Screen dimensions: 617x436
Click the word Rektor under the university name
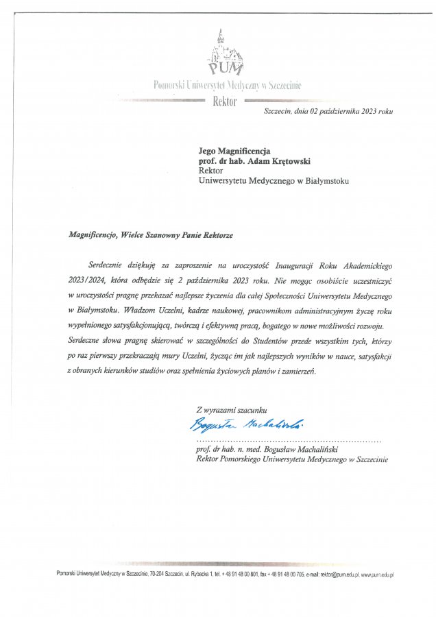[225, 101]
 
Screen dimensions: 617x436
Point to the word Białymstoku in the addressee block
[323, 181]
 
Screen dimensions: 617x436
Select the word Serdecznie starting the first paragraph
[109, 265]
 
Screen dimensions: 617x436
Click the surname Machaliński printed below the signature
[314, 450]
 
